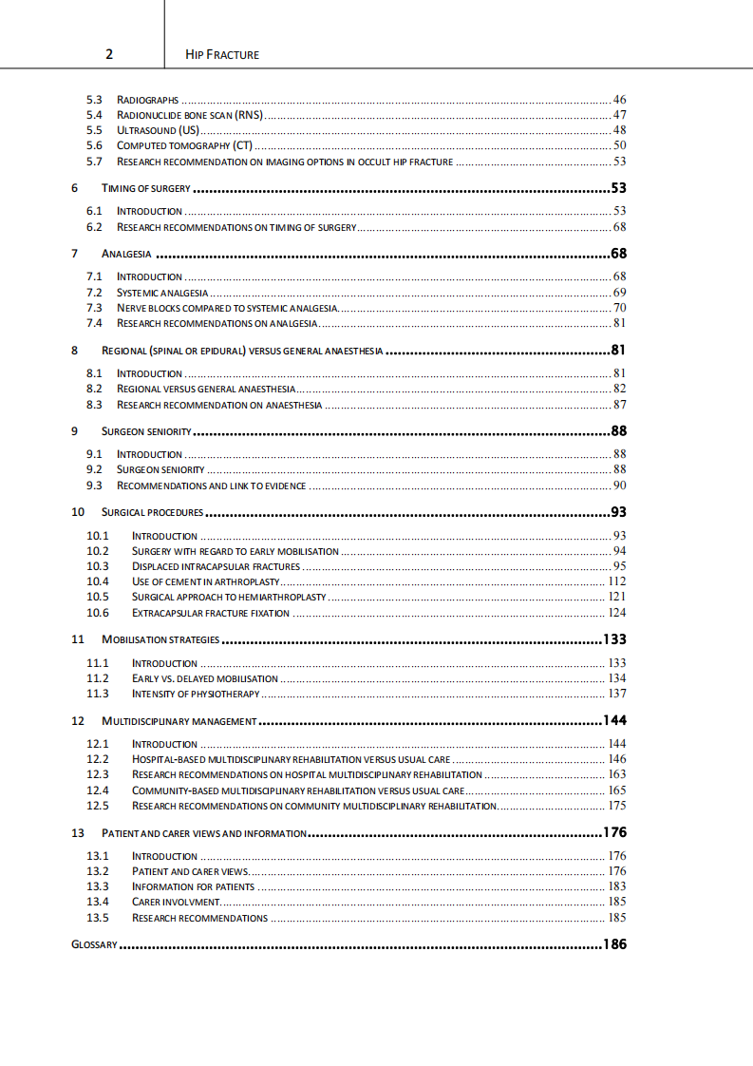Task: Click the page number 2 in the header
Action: coord(109,54)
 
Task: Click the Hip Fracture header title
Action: coord(223,54)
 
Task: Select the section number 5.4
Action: coord(94,115)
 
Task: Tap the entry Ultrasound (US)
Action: coord(159,130)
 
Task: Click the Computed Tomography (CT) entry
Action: coord(184,145)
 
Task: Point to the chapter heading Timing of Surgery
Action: coord(146,188)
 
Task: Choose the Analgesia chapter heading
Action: coord(126,255)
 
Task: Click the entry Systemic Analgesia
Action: coord(162,293)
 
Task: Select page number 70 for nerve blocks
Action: coord(619,308)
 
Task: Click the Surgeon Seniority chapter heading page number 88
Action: coord(618,431)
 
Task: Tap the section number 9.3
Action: coord(94,485)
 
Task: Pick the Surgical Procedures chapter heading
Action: coord(152,512)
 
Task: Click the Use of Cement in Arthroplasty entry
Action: coord(206,581)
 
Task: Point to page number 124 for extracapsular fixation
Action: coord(616,613)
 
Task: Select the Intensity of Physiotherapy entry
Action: coord(196,694)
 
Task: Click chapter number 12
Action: coord(78,721)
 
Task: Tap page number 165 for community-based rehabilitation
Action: coord(616,790)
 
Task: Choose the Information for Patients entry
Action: coord(193,886)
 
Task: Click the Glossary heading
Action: coord(94,945)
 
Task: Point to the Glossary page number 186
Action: coord(614,945)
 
